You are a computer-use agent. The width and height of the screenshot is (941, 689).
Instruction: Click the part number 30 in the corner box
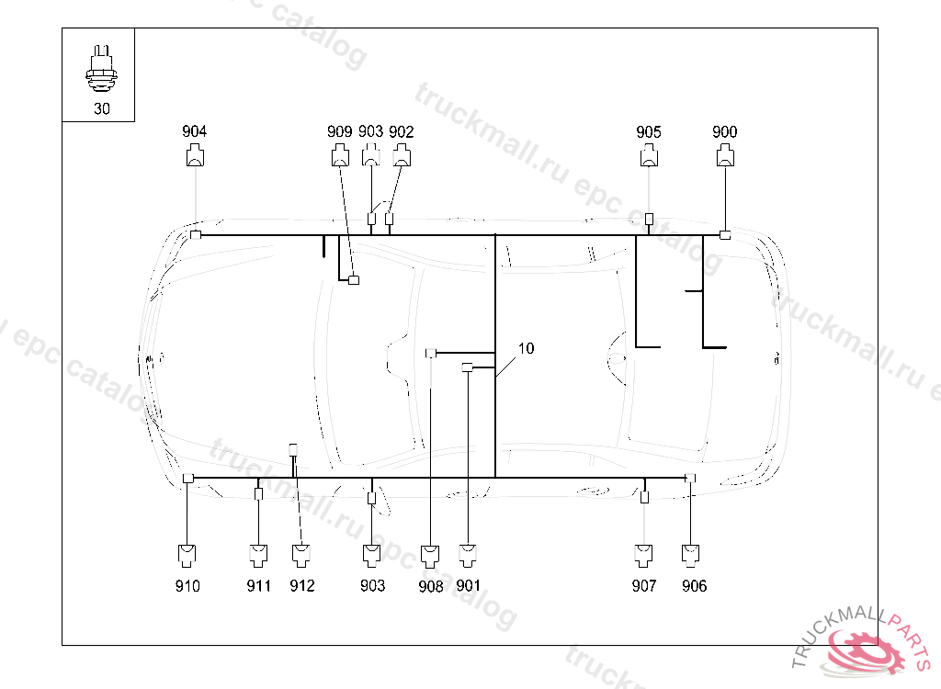[x=101, y=108]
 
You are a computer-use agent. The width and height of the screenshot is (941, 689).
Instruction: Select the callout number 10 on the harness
[x=526, y=349]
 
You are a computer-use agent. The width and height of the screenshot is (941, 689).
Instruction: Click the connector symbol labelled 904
[x=195, y=157]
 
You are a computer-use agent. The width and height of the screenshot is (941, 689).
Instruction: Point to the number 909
[x=339, y=132]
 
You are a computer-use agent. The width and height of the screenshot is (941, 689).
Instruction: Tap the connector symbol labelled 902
[x=402, y=157]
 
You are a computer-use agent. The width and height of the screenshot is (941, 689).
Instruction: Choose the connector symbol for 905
[x=649, y=157]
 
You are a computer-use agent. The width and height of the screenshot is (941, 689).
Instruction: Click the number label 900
[x=725, y=132]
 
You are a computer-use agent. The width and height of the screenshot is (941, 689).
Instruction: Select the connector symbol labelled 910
[x=187, y=555]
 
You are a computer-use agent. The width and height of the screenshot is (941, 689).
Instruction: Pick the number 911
[x=258, y=586]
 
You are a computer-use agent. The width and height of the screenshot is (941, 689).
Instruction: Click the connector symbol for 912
[x=301, y=555]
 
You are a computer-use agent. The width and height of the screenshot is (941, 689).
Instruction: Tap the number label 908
[x=430, y=586]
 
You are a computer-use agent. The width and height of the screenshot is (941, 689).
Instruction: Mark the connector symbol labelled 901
[x=468, y=555]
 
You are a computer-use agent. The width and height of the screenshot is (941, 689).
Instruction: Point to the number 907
[x=644, y=586]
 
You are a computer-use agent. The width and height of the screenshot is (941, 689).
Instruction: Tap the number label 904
[x=195, y=132]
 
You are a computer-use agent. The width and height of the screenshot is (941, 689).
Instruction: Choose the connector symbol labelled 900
[x=725, y=157]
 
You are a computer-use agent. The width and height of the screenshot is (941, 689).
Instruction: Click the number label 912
[x=301, y=586]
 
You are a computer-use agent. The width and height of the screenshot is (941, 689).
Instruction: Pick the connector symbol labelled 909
[x=339, y=157]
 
